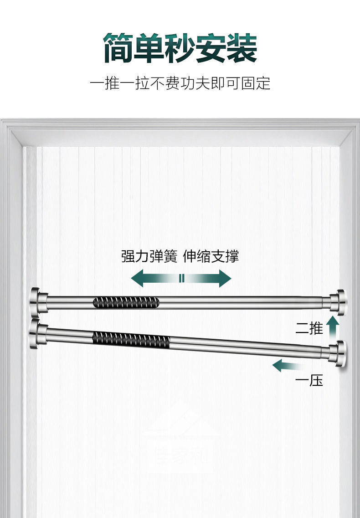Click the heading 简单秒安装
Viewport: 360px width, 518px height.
coord(180,48)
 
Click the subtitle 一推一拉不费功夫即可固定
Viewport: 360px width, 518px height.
coord(180,83)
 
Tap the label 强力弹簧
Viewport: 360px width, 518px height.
coord(149,256)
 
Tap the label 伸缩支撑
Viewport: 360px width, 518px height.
coord(211,256)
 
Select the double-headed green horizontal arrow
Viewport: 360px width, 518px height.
coord(181,278)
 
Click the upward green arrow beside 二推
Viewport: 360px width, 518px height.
coord(334,326)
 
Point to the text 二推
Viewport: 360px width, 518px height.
coord(309,328)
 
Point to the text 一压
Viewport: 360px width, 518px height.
coord(309,380)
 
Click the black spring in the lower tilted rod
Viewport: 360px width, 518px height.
coord(131,339)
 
